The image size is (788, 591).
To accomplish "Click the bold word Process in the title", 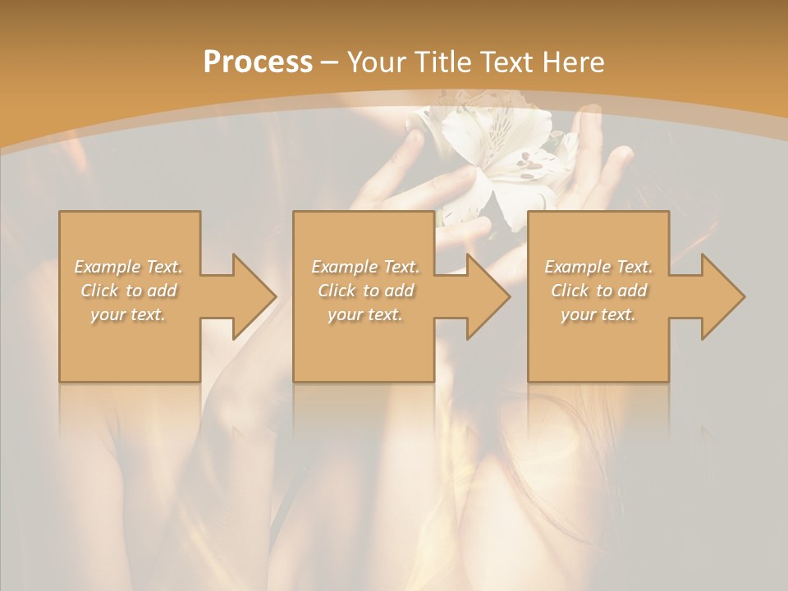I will (x=258, y=62).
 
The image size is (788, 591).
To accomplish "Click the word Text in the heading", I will (x=506, y=62).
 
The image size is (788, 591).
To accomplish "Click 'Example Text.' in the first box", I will (x=129, y=267).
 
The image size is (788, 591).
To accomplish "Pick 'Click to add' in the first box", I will (x=129, y=291).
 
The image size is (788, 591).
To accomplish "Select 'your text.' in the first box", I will (x=129, y=314).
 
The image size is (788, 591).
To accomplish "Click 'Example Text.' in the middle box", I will (x=365, y=267).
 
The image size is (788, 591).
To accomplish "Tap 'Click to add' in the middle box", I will (x=365, y=291).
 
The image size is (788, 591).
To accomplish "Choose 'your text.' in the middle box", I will (x=365, y=314).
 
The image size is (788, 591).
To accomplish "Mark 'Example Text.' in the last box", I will (x=598, y=267).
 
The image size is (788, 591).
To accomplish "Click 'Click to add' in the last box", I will (x=598, y=291).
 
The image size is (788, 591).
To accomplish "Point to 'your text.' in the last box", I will (x=598, y=314).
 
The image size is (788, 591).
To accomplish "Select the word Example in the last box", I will (x=577, y=267).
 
